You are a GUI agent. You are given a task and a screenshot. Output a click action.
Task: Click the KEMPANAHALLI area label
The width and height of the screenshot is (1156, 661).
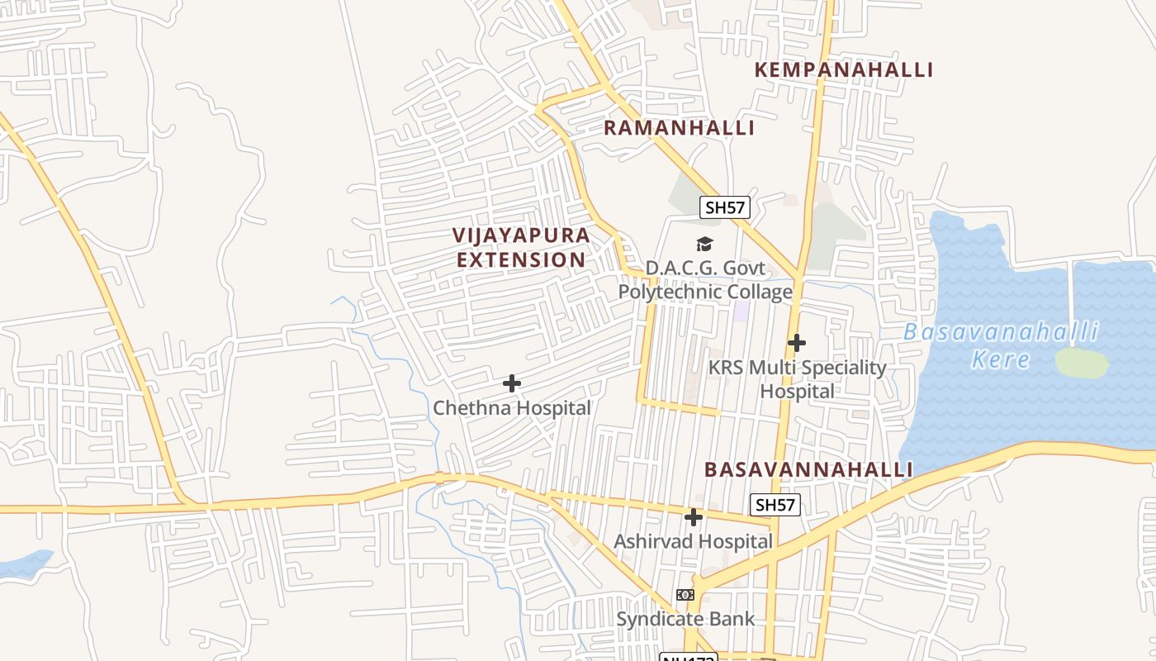coord(843,70)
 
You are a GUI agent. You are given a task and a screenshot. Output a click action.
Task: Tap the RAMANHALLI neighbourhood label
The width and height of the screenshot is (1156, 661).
coord(679,128)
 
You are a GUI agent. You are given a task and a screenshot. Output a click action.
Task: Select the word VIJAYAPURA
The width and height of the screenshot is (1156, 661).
coord(521,235)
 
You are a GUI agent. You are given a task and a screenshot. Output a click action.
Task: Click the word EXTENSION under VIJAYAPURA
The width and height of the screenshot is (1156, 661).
coord(521,259)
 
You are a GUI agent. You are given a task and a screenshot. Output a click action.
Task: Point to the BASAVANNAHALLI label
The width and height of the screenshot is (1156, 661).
coord(808,470)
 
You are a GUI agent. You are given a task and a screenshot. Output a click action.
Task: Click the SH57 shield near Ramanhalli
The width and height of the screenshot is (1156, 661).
coord(724,207)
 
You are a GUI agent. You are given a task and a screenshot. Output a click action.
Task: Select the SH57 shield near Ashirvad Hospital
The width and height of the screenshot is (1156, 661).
coord(775,505)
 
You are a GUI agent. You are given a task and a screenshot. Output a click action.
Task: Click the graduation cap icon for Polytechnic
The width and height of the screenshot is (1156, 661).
coord(704,244)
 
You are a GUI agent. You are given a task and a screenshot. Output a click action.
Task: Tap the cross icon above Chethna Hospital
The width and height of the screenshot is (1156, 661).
coord(512,383)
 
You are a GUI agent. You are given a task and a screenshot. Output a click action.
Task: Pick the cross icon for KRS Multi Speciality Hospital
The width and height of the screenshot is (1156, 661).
coord(796,342)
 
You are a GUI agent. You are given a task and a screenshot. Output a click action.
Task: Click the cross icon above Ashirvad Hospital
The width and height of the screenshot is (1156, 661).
coord(694,517)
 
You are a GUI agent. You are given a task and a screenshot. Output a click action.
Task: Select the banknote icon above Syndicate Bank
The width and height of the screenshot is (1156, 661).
coord(685,595)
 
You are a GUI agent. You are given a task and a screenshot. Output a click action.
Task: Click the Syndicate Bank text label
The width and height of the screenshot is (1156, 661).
coord(685,619)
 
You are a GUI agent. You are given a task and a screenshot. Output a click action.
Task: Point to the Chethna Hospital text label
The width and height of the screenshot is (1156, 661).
coord(512,408)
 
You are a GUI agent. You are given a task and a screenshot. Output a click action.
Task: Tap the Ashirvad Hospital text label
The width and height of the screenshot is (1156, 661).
coord(693,542)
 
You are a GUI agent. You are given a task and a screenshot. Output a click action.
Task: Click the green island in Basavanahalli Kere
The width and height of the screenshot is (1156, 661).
coord(1081,363)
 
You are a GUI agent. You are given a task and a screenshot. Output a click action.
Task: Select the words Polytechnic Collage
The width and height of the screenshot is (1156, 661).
coord(705,292)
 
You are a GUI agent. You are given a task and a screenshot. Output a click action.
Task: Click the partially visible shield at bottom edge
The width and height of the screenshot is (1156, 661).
coord(688,657)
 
